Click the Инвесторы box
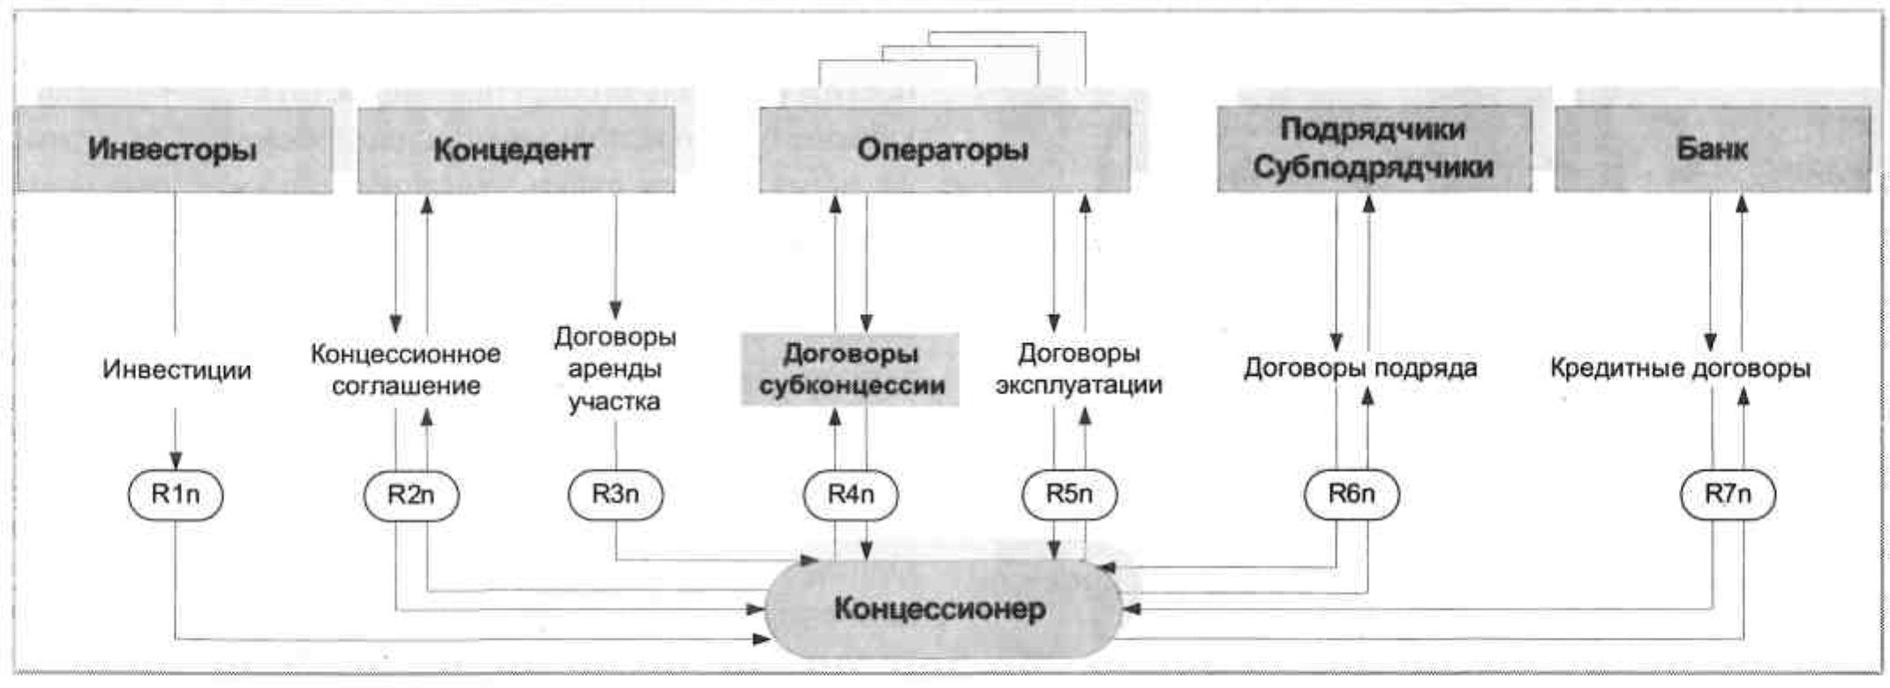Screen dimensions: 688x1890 coord(173,149)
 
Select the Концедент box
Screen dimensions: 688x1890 coord(515,149)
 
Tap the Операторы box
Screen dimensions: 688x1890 coord(944,149)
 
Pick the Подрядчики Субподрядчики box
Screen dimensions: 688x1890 coord(1374,148)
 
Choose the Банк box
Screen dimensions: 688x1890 coord(1712,148)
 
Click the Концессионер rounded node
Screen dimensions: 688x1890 coord(941,609)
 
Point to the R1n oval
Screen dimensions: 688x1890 coord(176,495)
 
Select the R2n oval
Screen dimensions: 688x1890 coord(411,495)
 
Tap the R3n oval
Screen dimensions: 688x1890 coord(615,494)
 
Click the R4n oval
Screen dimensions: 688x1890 coord(851,494)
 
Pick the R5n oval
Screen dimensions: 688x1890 coord(1069,494)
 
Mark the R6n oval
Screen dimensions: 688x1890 coord(1352,494)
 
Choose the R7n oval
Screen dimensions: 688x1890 coord(1728,494)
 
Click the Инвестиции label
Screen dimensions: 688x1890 coord(177,370)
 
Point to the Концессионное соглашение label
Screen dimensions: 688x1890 coord(406,370)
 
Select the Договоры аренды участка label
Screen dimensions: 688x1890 coord(615,369)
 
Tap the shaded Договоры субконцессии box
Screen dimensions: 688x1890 coord(851,370)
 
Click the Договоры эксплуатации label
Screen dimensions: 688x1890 coord(1079,369)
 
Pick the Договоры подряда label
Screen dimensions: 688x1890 coord(1360,368)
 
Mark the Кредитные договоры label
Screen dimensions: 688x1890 coord(1680,368)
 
